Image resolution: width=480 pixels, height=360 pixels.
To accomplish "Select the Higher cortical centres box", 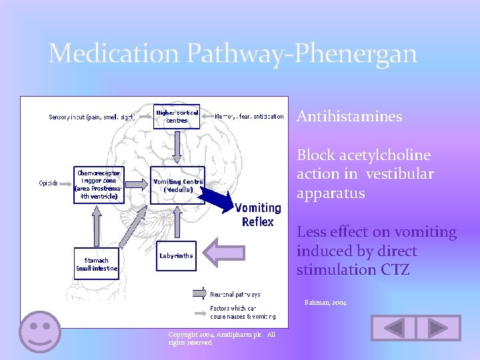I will coord(177,117).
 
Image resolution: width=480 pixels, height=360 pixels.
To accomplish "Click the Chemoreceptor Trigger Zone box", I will coord(99,184).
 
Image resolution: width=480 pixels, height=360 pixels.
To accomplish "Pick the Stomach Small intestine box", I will coord(97,264).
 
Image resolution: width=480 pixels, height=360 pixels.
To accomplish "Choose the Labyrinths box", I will coord(177,255).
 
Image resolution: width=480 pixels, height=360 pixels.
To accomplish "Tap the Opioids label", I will coord(49,183).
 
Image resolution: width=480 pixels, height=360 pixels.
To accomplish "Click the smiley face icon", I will coord(40,331).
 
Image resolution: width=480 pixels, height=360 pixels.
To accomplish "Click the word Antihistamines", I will coord(349,117).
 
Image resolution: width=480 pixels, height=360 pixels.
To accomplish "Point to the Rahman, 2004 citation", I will coord(326,303).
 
